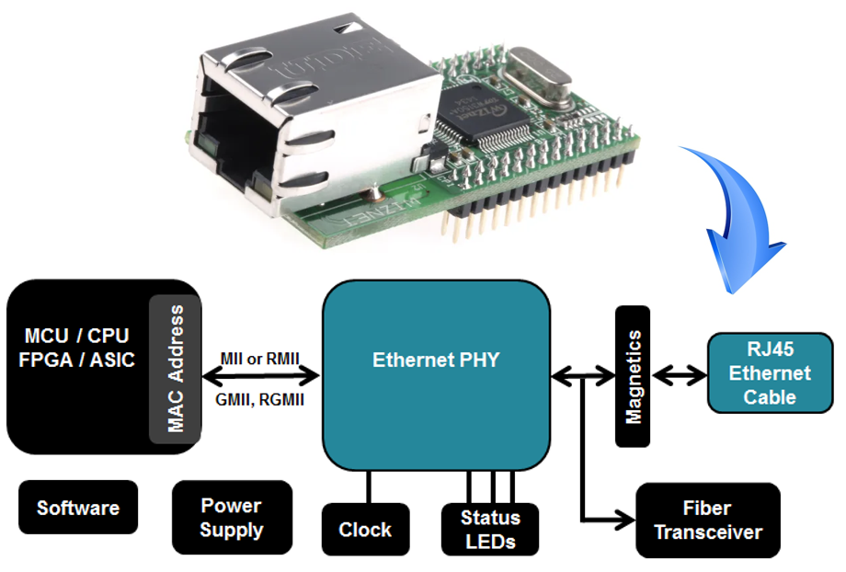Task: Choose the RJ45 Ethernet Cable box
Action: coord(770,372)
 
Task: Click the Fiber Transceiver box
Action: coord(708,521)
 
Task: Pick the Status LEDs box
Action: coord(490,529)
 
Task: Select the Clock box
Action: coord(365,530)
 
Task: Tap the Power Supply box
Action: coord(231,518)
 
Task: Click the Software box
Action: coord(78,508)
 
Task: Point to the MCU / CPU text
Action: coord(76,335)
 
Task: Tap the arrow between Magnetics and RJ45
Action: coord(679,375)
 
